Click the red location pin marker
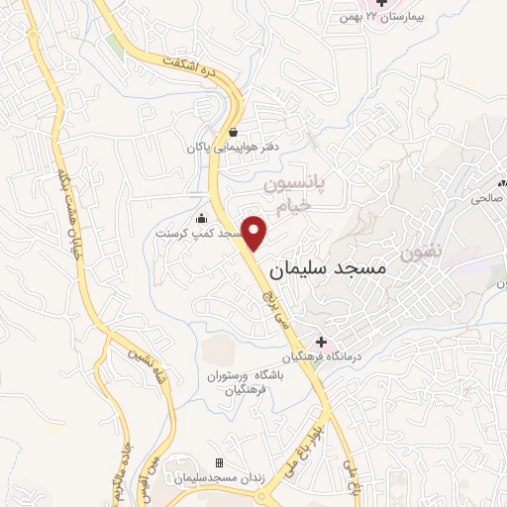click(x=255, y=232)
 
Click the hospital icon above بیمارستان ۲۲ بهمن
click(x=382, y=4)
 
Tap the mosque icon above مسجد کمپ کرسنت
click(x=201, y=219)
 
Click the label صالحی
click(x=486, y=198)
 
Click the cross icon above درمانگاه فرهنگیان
click(x=320, y=342)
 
